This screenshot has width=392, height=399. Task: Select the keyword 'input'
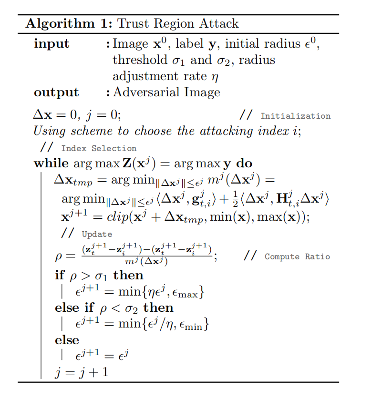(52, 44)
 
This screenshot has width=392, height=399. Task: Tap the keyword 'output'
(56, 92)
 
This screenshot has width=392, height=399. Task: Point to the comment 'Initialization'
(295, 116)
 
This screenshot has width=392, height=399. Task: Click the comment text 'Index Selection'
(99, 148)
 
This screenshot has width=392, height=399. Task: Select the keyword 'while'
(51, 164)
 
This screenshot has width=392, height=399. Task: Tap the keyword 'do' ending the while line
(245, 164)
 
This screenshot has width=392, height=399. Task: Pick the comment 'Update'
(97, 234)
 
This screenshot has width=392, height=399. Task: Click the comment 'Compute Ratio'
(297, 256)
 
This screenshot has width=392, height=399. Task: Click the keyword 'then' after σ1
(128, 276)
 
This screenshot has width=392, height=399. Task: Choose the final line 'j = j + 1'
(81, 371)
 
